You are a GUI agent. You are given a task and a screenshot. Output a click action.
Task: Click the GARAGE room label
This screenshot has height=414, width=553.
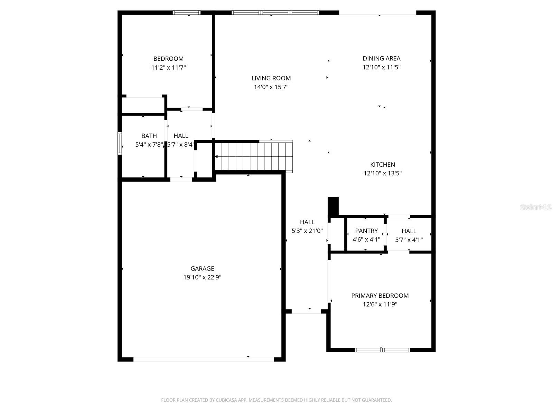[x=202, y=268]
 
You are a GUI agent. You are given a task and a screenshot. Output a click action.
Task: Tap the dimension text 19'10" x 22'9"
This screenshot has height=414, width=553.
[x=202, y=277]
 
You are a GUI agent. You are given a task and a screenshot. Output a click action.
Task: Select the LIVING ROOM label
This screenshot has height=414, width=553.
[x=271, y=78]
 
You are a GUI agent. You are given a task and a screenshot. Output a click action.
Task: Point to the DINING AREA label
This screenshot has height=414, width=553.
[x=381, y=59]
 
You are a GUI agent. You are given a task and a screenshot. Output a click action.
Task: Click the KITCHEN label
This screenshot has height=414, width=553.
[x=382, y=165]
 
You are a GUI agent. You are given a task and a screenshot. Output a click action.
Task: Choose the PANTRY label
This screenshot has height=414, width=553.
[x=366, y=231]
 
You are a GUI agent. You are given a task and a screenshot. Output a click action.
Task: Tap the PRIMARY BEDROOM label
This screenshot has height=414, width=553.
[x=380, y=296]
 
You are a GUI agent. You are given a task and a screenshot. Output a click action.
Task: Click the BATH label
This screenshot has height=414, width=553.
[x=149, y=136]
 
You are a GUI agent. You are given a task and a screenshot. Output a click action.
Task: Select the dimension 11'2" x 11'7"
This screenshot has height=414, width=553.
[x=168, y=68]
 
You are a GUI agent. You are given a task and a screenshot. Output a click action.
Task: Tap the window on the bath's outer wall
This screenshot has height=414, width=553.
[x=120, y=143]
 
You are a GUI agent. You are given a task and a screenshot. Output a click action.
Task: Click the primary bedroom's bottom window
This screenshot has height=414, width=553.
[x=382, y=350]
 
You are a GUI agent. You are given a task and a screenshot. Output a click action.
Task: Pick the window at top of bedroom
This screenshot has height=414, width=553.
[x=187, y=13]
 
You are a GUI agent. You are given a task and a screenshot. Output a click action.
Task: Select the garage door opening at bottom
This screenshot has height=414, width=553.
[x=203, y=359]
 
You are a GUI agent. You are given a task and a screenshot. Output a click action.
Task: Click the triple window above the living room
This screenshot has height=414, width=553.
[x=275, y=13]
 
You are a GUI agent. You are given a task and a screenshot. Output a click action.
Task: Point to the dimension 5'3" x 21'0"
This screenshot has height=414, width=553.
[x=307, y=231]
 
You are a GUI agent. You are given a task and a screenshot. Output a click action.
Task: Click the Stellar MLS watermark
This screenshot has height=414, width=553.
[x=535, y=207]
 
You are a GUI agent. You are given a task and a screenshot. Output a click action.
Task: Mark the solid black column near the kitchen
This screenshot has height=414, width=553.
[x=333, y=206]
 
